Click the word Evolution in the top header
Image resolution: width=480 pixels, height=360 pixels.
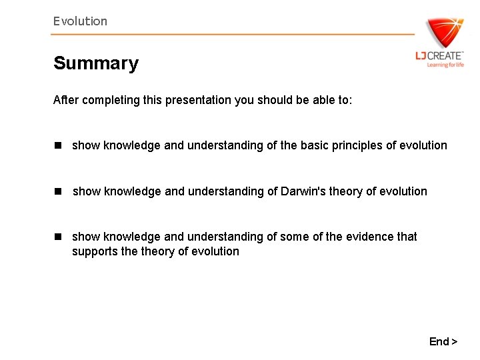80,21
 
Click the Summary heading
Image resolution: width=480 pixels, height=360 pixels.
96,63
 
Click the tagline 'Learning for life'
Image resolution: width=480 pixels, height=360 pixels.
445,65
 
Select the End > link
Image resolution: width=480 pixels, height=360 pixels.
443,341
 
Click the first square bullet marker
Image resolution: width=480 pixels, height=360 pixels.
58,145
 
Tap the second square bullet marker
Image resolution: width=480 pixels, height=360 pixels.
58,191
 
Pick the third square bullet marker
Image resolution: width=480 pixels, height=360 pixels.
58,237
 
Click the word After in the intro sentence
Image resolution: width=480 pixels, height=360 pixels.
65,100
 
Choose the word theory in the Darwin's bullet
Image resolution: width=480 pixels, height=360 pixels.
347,191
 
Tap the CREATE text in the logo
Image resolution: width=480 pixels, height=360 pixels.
445,56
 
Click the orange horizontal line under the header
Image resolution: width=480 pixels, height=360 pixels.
233,34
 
